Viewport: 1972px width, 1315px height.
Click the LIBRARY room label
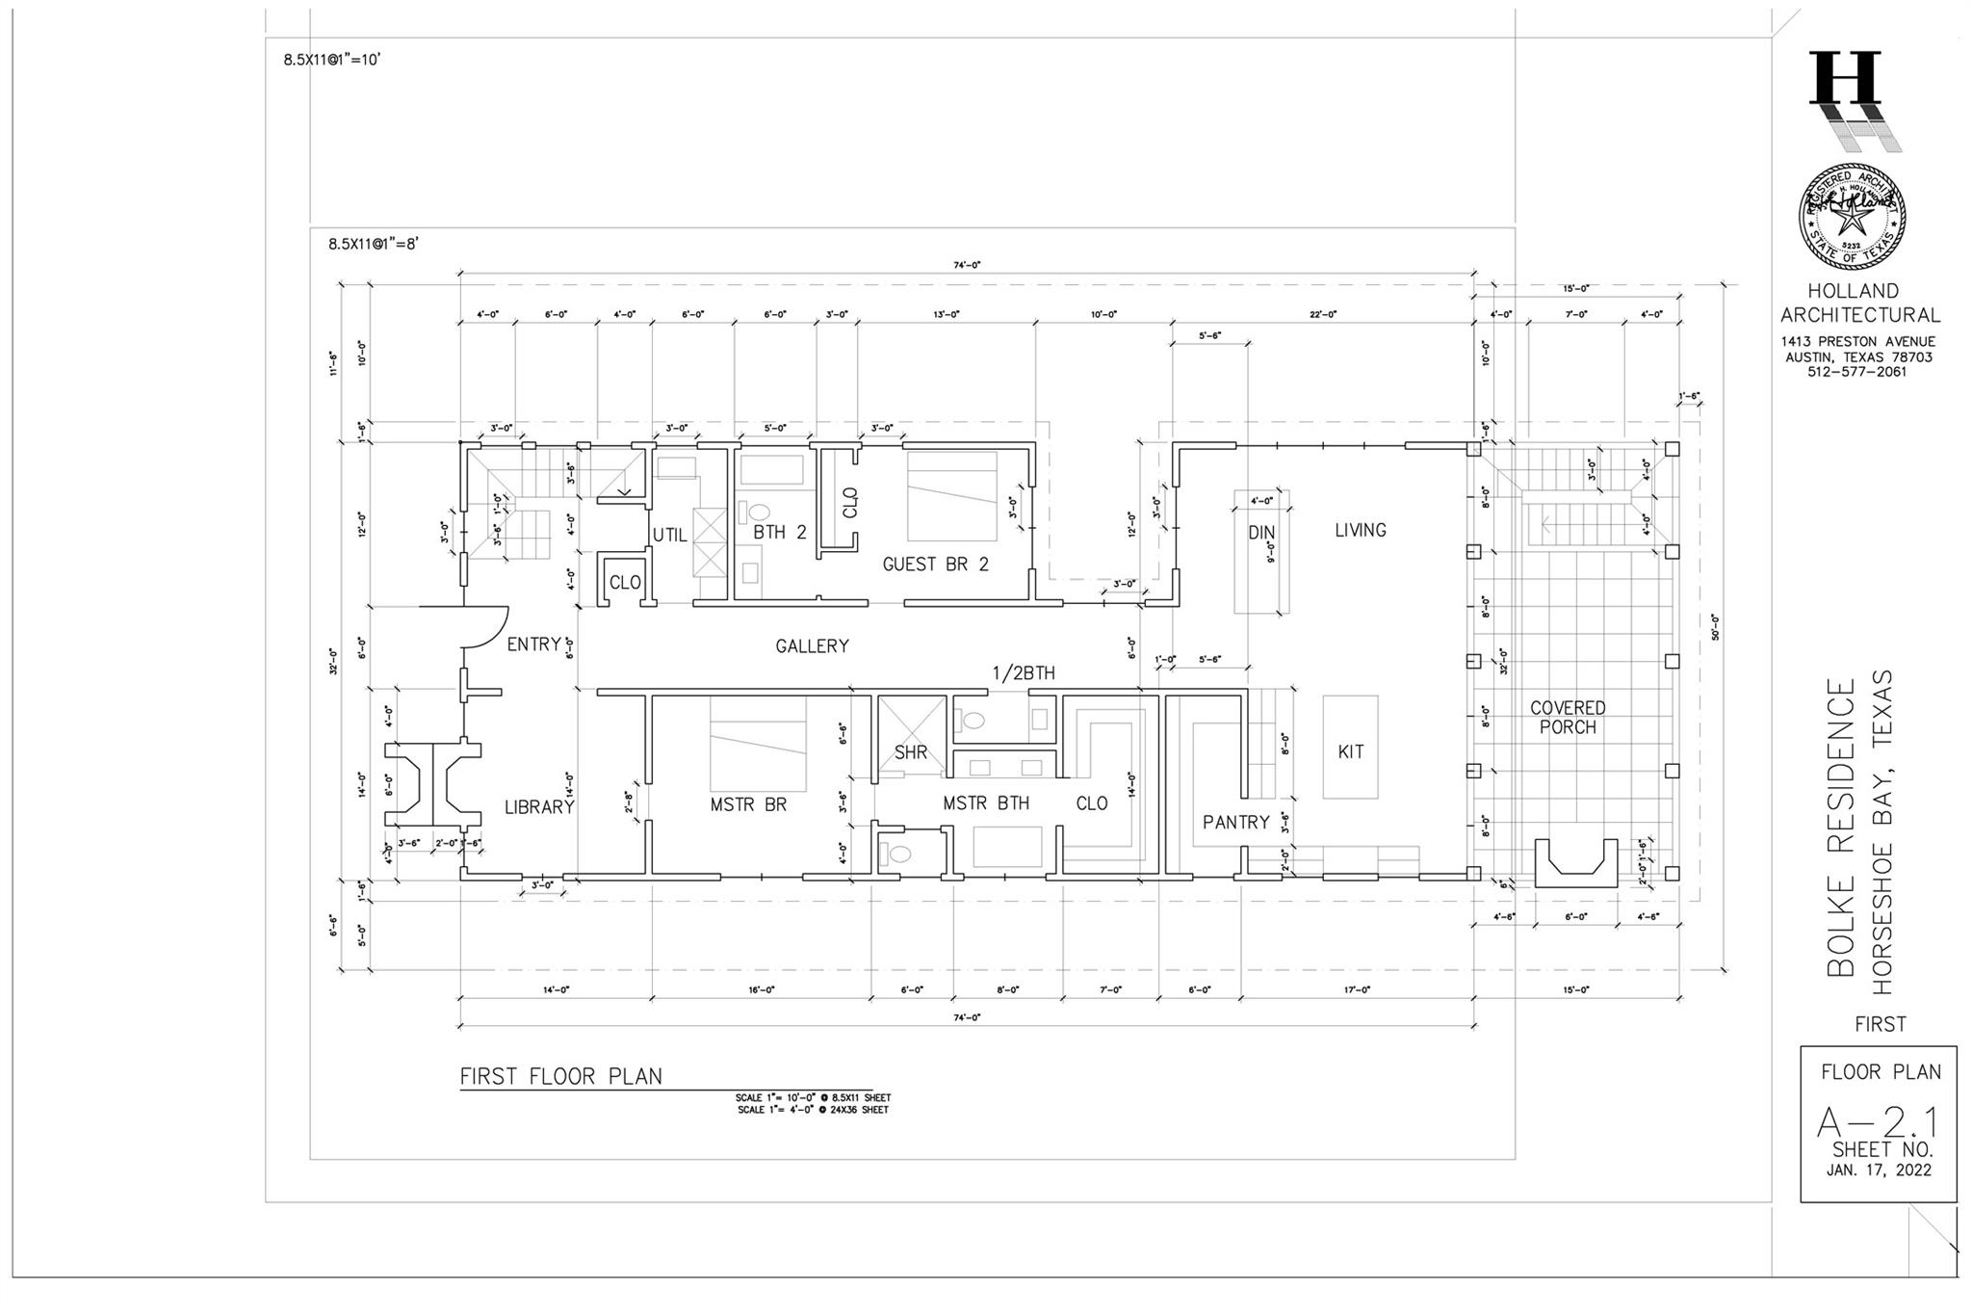[539, 807]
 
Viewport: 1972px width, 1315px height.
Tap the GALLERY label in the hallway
[812, 646]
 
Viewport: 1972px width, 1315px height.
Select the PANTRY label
[1235, 823]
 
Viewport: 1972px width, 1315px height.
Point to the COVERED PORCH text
[1568, 718]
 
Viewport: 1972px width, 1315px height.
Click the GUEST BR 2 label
[935, 565]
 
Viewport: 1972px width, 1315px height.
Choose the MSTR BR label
[748, 804]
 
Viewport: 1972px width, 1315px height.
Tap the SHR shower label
[910, 752]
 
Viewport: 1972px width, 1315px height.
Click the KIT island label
[1350, 752]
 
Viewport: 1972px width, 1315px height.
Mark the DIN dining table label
[1261, 533]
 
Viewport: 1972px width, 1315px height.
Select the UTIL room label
[669, 535]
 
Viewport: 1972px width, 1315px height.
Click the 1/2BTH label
[1024, 673]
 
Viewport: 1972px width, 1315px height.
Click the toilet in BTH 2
[760, 512]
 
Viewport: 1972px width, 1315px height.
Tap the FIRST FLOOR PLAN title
[560, 1076]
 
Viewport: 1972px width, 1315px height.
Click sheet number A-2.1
[1878, 1122]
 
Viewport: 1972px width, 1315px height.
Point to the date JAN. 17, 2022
[1878, 1170]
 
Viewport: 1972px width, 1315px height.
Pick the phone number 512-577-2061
[1856, 372]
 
